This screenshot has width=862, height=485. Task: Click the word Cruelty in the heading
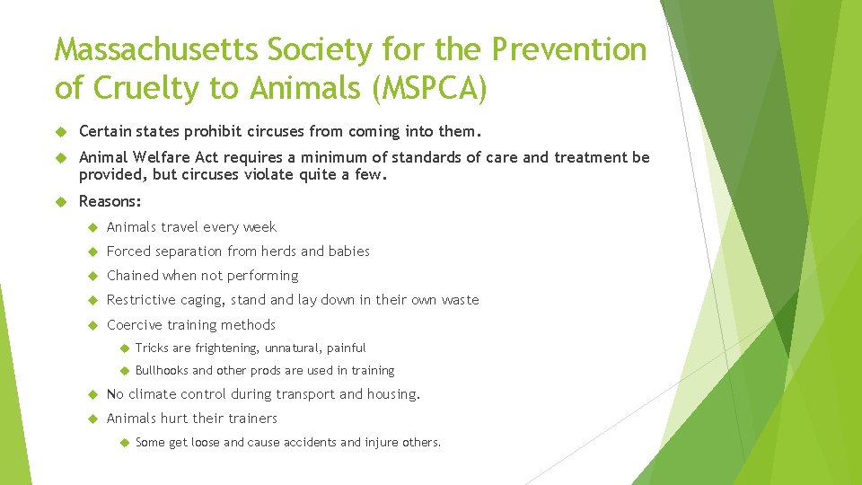pyautogui.click(x=150, y=88)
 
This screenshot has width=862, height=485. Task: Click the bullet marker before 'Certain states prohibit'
pyautogui.click(x=62, y=132)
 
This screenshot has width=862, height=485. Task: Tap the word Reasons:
pyautogui.click(x=110, y=202)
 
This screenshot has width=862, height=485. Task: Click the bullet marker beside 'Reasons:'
pyautogui.click(x=62, y=203)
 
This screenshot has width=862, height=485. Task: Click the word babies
pyautogui.click(x=348, y=251)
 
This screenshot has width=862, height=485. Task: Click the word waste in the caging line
pyautogui.click(x=460, y=300)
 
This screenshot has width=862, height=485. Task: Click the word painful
pyautogui.click(x=346, y=348)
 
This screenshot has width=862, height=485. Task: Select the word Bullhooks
pyautogui.click(x=162, y=371)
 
